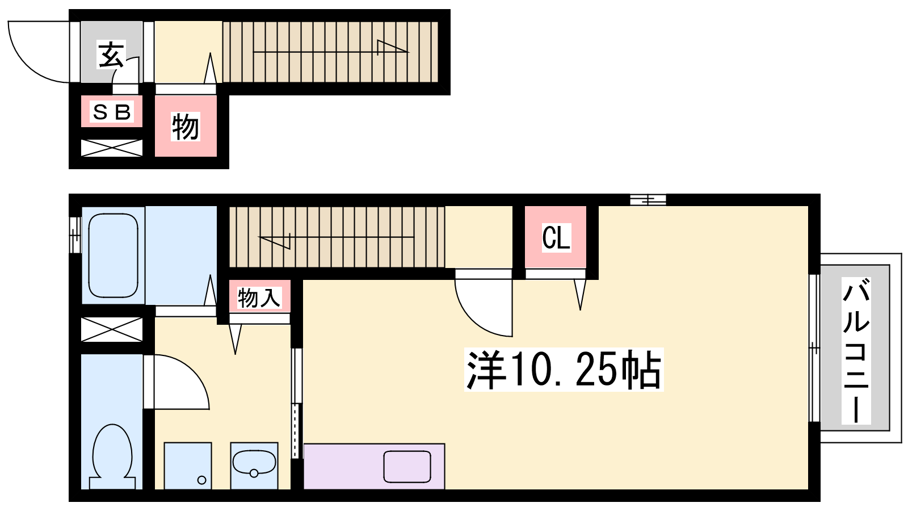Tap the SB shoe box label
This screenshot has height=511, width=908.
[x=111, y=112]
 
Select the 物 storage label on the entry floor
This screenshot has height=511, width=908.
[x=185, y=127]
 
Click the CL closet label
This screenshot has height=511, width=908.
[x=556, y=238]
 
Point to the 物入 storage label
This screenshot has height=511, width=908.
[x=259, y=298]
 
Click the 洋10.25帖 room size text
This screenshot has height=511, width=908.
[x=564, y=370]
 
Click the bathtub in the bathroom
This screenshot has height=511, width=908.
[x=113, y=256]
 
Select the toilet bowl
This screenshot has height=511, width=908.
[x=112, y=456]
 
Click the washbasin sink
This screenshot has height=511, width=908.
[x=254, y=462]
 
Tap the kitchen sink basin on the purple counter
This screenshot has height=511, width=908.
[x=407, y=466]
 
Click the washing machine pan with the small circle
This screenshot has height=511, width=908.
[x=188, y=466]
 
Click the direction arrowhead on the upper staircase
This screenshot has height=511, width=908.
[x=392, y=47]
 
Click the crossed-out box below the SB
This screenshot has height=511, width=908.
[x=112, y=148]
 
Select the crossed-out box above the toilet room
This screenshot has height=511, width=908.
[x=112, y=329]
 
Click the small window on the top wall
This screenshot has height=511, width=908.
[x=648, y=199]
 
